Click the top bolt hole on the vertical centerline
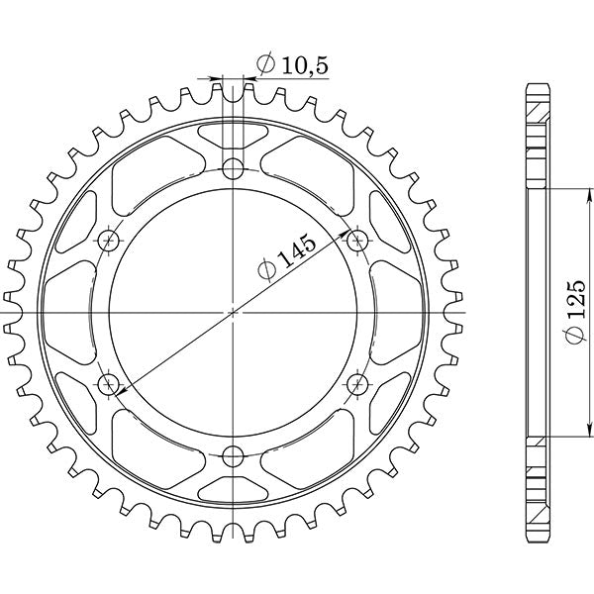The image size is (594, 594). (233, 166)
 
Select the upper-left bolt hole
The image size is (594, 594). (108, 239)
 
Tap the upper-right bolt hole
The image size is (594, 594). (357, 239)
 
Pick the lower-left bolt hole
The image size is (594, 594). (108, 383)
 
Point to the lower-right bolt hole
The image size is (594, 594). (357, 383)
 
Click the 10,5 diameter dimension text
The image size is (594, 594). (292, 65)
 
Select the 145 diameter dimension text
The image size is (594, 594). (286, 259)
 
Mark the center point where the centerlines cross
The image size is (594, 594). (233, 311)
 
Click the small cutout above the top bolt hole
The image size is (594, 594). (233, 135)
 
